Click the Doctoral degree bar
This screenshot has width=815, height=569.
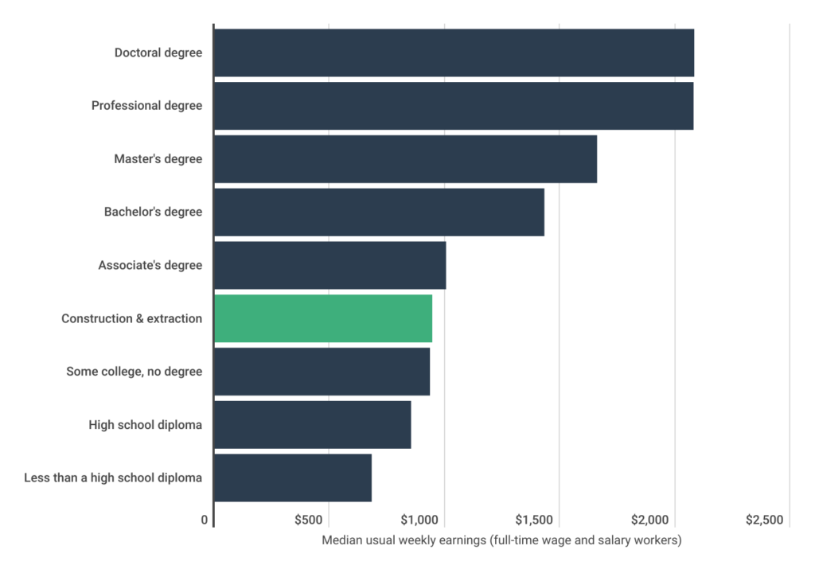[454, 53]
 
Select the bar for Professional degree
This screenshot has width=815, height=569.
[454, 106]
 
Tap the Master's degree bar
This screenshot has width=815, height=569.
[405, 159]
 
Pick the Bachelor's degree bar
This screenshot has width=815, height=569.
[379, 212]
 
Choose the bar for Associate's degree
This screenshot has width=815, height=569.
[330, 265]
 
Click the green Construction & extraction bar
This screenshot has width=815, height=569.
[323, 318]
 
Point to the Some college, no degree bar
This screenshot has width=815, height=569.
[322, 372]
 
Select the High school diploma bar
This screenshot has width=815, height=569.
[313, 425]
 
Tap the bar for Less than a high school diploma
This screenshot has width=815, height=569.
[293, 478]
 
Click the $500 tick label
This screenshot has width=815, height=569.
[308, 520]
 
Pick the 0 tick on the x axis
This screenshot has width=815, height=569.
[206, 520]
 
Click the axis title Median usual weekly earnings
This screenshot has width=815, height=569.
[502, 540]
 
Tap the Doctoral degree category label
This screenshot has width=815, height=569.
[158, 53]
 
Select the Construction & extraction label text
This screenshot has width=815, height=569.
[131, 318]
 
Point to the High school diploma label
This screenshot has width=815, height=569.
[145, 425]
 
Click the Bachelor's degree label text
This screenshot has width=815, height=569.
[153, 212]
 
